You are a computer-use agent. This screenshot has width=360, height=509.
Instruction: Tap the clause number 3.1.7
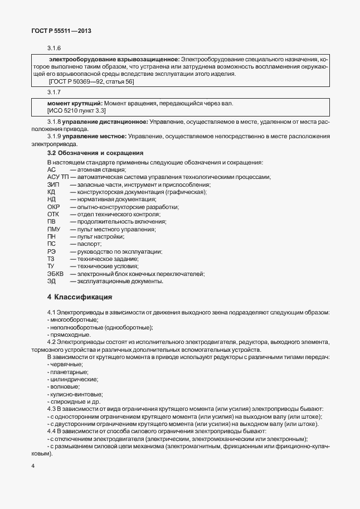pyautogui.click(x=54, y=91)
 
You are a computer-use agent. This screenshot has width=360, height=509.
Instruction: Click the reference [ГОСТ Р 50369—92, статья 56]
pyautogui.click(x=91, y=82)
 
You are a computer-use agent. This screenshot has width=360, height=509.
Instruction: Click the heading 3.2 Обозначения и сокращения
pyautogui.click(x=95, y=153)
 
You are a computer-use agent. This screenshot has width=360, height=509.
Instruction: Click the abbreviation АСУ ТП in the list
pyautogui.click(x=58, y=177)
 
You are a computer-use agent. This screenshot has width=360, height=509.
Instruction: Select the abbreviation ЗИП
pyautogui.click(x=53, y=185)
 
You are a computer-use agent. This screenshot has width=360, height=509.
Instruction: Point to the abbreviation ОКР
pyautogui.click(x=53, y=207)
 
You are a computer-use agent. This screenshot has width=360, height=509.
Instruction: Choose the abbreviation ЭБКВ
pyautogui.click(x=56, y=274)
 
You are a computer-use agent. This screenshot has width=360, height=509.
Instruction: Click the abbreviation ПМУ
pyautogui.click(x=54, y=229)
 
